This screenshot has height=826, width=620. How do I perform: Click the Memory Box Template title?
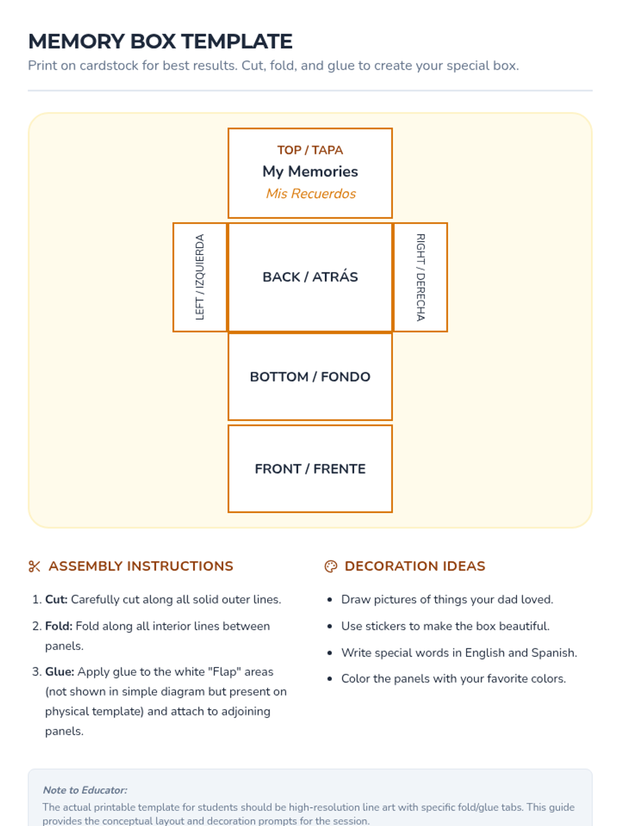160,41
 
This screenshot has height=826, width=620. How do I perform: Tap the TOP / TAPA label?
310,150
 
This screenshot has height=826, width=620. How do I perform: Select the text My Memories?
310,171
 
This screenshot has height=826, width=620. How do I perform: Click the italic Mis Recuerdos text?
311,194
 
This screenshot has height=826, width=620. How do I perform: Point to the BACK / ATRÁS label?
310,277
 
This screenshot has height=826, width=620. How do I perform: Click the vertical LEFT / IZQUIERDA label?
200,277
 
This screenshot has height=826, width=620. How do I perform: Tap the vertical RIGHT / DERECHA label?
421,277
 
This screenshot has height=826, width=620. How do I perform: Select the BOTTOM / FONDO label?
310,377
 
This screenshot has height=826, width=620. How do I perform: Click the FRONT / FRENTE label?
310,469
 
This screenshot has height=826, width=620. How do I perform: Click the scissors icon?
35,566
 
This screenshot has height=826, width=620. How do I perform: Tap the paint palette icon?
331,566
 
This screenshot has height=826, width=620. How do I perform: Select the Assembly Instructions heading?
141,566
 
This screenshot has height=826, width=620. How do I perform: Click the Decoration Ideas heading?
415,566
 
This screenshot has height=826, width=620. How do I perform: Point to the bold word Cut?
56,599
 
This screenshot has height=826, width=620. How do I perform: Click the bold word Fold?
58,626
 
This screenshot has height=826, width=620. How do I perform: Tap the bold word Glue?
59,672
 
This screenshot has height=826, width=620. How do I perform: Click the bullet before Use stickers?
330,627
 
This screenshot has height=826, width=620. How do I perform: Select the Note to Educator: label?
85,790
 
